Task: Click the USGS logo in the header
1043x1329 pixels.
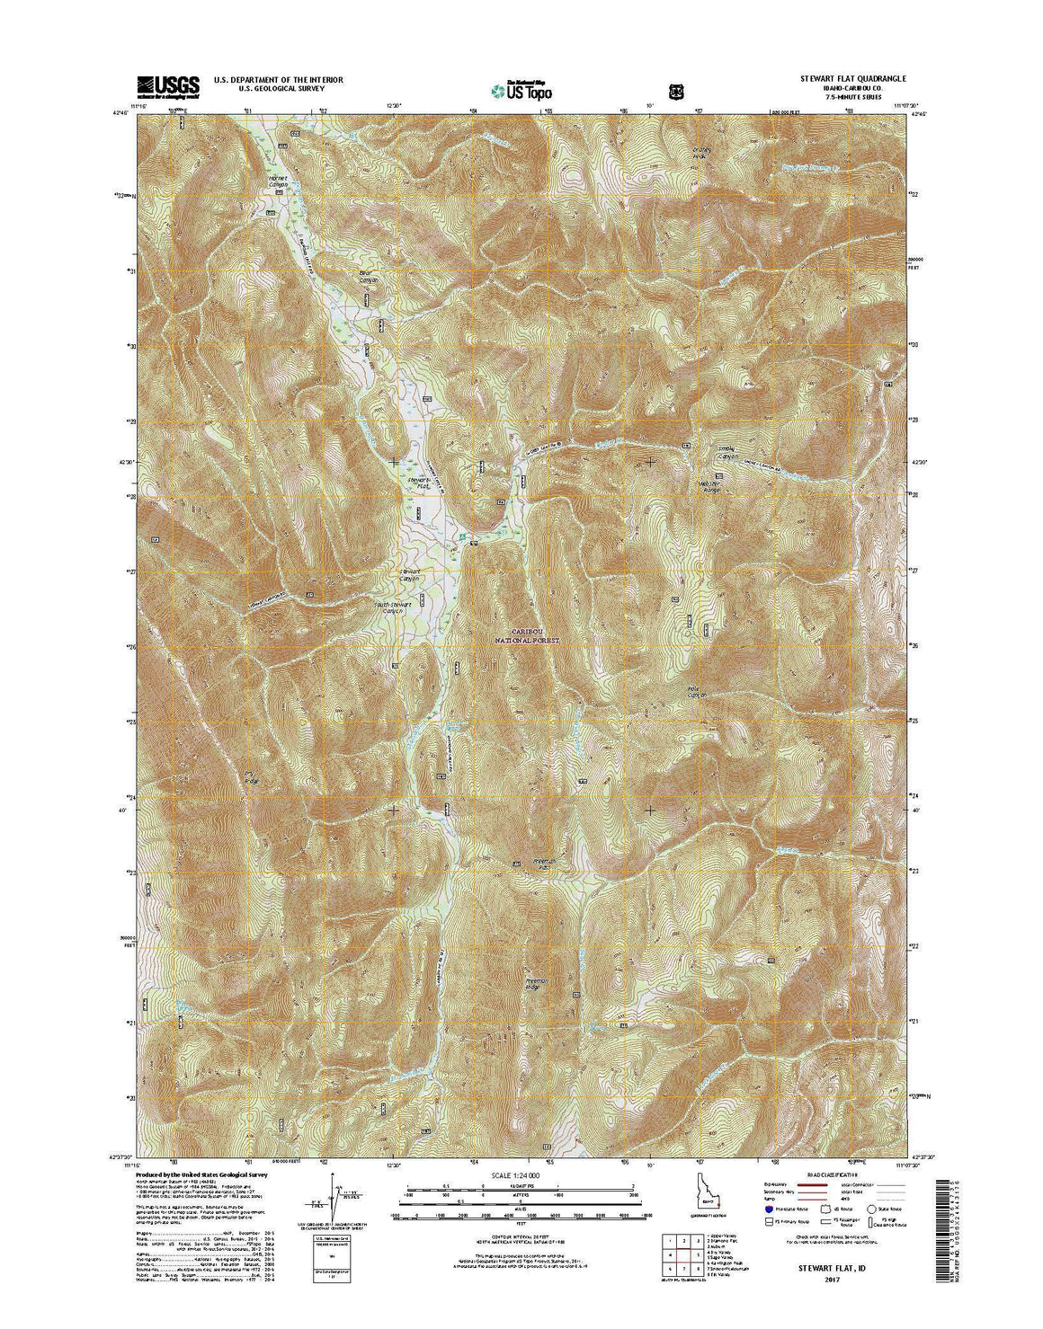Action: (x=168, y=85)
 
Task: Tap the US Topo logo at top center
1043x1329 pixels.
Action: (x=521, y=89)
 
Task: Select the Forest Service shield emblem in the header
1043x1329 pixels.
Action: (x=674, y=90)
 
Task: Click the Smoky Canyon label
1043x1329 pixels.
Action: (x=727, y=453)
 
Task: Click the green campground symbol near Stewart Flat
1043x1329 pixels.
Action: (x=462, y=537)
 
